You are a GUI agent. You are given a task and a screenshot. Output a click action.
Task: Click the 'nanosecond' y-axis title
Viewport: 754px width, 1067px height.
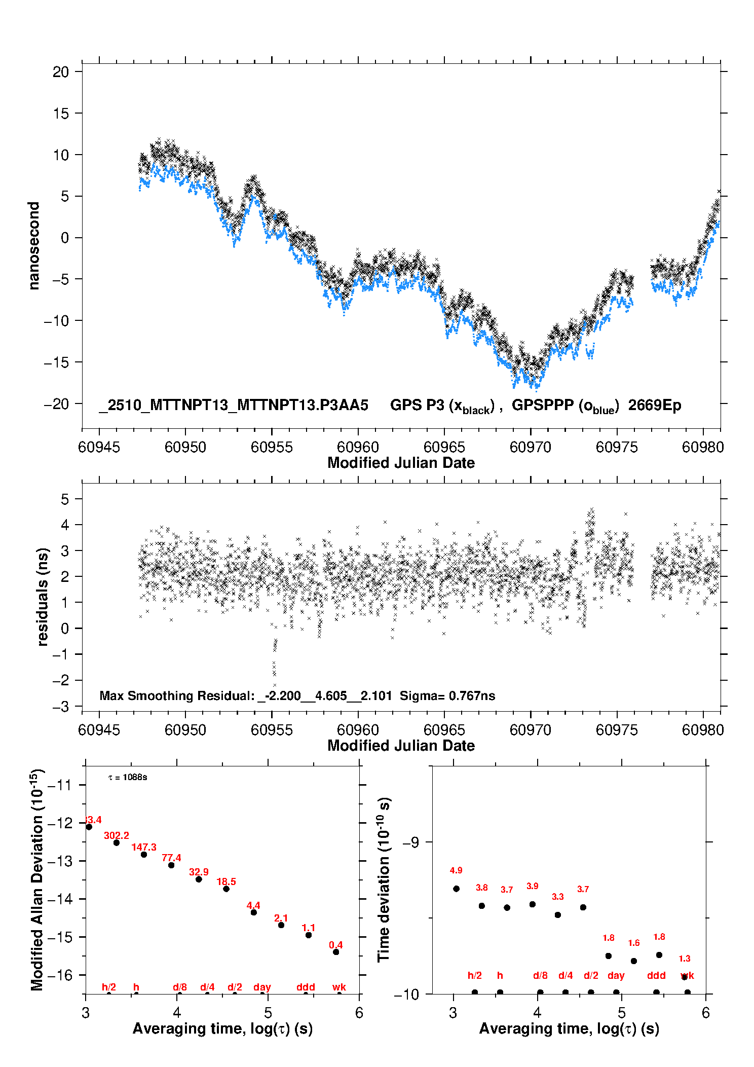34,245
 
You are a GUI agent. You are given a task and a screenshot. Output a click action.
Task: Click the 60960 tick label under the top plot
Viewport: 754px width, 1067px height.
358,447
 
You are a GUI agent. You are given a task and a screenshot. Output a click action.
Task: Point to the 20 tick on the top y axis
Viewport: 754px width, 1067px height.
61,72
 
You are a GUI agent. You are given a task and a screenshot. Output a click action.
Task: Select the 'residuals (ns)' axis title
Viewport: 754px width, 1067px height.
43,597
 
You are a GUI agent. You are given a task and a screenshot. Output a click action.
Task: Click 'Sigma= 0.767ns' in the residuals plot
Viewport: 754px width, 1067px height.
447,695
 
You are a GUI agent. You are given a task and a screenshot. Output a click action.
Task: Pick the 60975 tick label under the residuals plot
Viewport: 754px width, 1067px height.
617,730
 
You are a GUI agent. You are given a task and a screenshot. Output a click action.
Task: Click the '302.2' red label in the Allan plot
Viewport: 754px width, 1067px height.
117,835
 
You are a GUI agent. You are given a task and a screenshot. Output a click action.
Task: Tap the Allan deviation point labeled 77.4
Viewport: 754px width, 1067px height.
171,865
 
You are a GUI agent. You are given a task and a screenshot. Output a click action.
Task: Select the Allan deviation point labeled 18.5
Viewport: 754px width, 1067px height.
227,889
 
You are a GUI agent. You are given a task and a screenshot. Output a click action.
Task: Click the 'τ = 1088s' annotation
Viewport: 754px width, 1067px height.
128,778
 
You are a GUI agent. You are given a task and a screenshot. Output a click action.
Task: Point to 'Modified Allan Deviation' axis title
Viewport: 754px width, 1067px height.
37,879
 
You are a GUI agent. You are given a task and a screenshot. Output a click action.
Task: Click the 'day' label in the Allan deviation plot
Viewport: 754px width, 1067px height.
262,987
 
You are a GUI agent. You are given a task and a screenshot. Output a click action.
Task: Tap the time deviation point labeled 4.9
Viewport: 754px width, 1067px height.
456,889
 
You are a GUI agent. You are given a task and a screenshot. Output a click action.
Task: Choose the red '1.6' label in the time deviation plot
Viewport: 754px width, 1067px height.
634,943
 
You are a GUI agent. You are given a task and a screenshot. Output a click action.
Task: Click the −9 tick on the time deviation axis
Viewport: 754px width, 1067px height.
411,842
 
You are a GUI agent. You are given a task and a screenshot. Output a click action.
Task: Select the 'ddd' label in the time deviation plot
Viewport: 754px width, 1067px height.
656,975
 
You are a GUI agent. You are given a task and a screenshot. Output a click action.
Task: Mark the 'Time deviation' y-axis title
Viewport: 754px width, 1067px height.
384,879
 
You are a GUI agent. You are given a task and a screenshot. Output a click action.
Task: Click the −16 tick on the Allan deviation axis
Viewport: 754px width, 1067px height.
61,975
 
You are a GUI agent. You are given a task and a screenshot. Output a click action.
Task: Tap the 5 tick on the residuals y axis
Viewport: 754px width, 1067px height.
65,499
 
